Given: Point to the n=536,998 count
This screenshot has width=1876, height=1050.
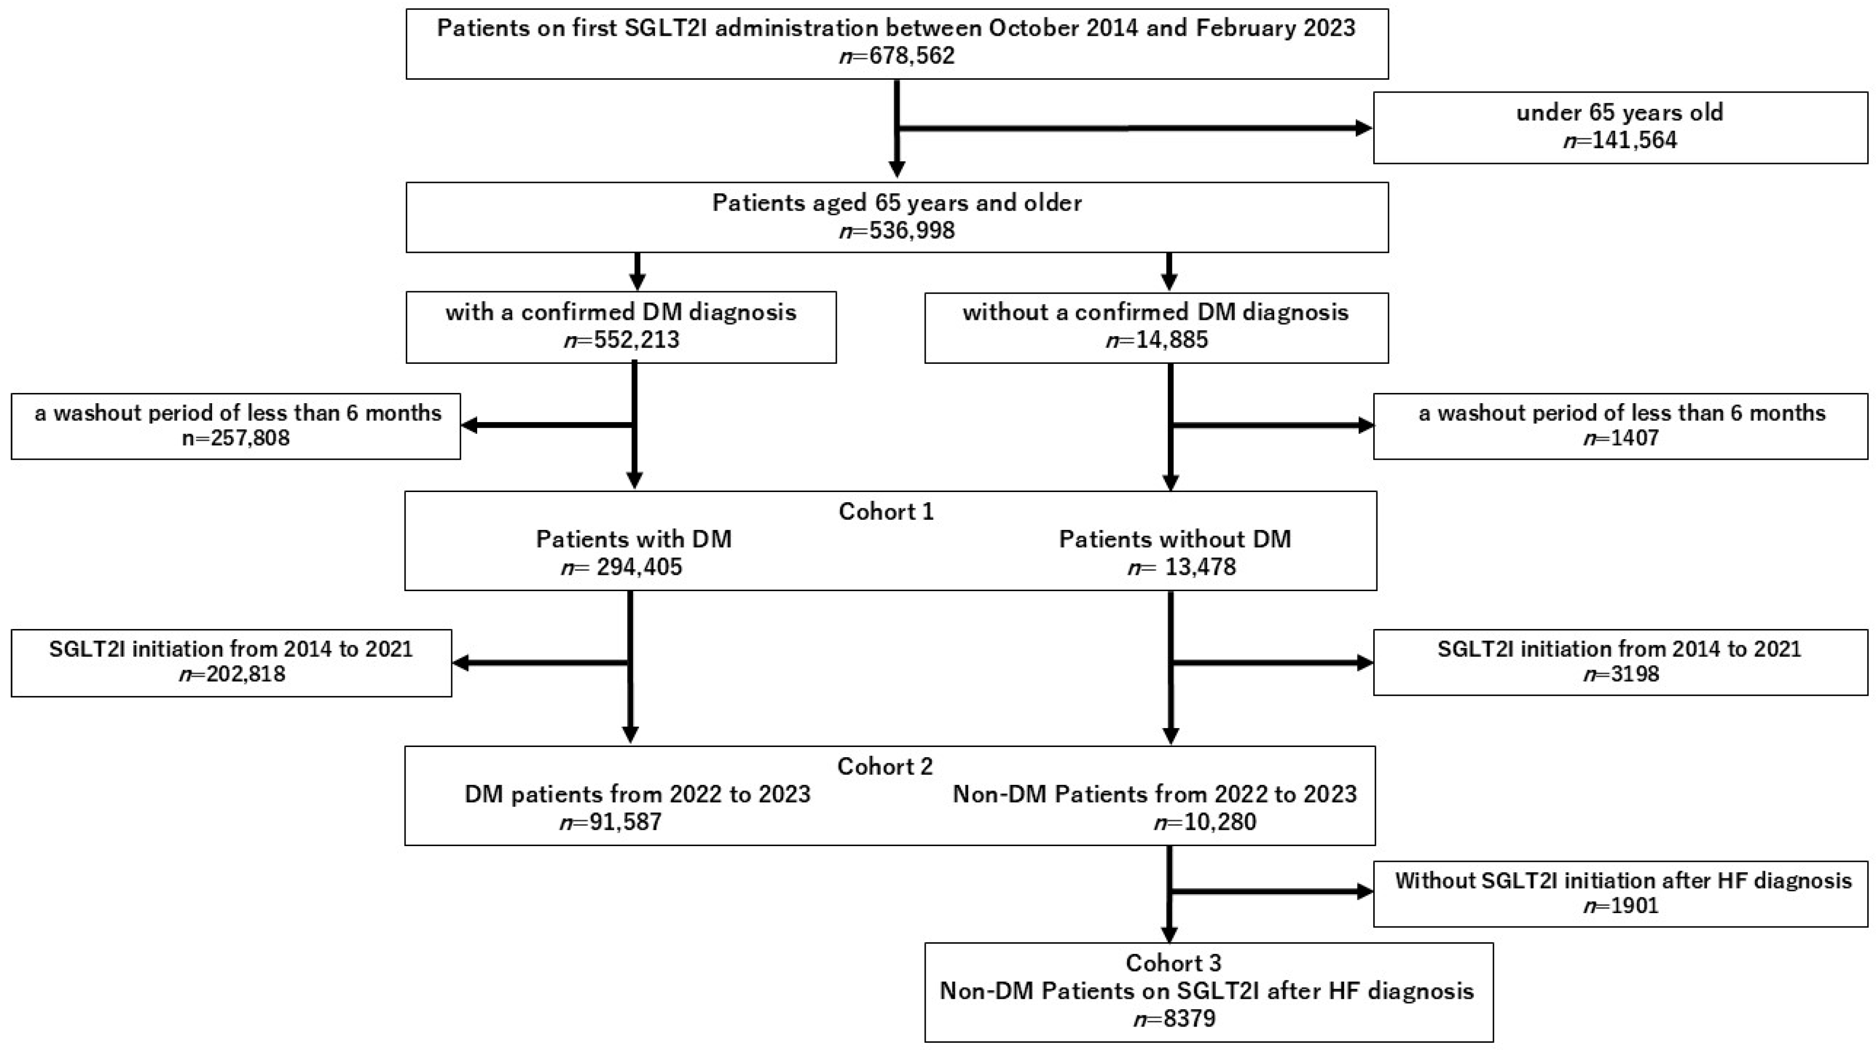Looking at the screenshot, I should click(x=897, y=231).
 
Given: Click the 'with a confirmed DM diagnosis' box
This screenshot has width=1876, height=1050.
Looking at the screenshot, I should click(x=620, y=327).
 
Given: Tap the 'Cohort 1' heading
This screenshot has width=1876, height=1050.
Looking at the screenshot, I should click(x=885, y=511).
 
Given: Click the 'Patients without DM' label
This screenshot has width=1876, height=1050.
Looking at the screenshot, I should click(x=1175, y=539).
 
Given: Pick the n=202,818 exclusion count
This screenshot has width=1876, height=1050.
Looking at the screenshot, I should click(x=231, y=673).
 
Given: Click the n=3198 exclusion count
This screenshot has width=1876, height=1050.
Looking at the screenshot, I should click(x=1621, y=673).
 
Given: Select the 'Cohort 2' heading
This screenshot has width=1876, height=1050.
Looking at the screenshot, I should click(x=885, y=766).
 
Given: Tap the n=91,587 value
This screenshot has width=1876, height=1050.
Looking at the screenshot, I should click(x=611, y=822).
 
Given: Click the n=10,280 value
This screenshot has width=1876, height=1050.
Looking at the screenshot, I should click(x=1205, y=822).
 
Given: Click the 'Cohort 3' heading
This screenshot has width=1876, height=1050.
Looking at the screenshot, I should click(x=1173, y=963).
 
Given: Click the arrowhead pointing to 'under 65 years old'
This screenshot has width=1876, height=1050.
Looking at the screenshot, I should click(x=1362, y=128).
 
